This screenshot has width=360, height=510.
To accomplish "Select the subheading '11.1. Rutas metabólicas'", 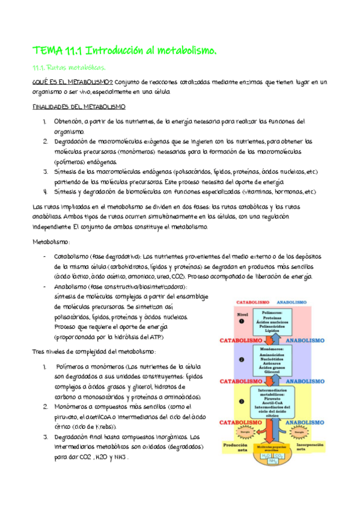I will [69, 67].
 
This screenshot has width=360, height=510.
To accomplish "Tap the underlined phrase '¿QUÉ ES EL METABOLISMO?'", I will [72, 82].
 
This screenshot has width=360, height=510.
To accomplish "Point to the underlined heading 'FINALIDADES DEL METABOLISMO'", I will [79, 106].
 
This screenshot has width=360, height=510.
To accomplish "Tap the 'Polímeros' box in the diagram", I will [273, 322].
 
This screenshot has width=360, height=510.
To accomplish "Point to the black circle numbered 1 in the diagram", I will [241, 321].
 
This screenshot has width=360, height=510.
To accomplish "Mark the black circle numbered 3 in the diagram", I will [241, 401].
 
